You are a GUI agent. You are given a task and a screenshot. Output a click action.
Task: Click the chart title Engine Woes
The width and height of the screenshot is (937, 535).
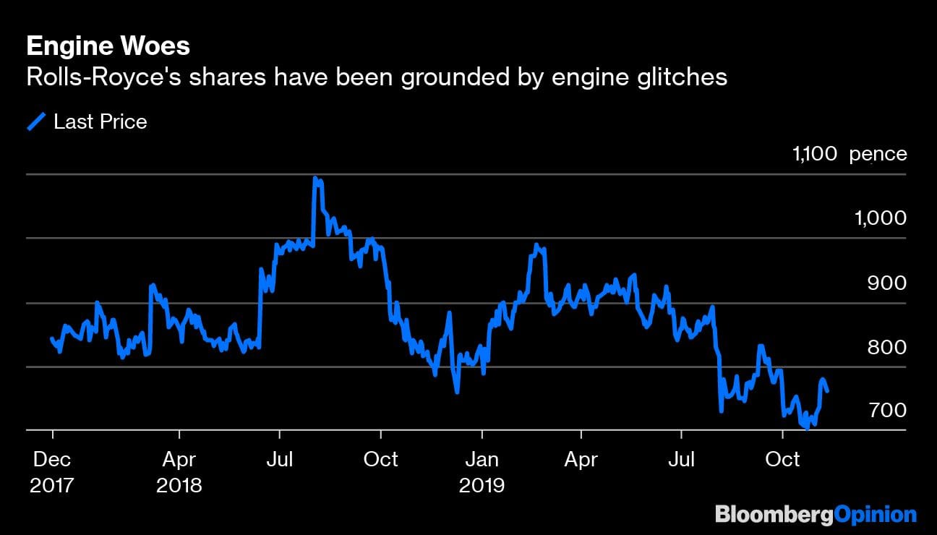click(x=108, y=47)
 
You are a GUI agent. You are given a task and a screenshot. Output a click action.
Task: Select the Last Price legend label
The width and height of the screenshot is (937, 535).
click(x=100, y=122)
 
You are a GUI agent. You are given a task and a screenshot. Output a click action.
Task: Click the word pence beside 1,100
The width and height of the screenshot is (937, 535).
click(x=878, y=154)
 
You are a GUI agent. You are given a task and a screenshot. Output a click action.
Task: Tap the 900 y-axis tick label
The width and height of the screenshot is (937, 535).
click(x=886, y=283)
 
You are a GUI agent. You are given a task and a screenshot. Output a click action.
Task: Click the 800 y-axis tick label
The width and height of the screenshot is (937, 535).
click(x=886, y=347)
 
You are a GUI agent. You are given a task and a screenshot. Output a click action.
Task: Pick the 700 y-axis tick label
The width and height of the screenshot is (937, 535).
click(x=886, y=410)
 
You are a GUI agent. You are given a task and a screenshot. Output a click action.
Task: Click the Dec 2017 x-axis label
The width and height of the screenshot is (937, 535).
click(x=52, y=471)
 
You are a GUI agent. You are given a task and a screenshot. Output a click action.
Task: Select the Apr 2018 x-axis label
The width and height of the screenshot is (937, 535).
click(x=179, y=471)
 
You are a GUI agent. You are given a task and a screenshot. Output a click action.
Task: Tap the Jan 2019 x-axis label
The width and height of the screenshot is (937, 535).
click(x=482, y=471)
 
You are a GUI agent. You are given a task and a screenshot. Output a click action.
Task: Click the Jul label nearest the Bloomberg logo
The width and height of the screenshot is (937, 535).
click(x=681, y=459)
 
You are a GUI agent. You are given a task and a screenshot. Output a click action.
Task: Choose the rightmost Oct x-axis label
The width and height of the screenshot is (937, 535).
click(x=782, y=459)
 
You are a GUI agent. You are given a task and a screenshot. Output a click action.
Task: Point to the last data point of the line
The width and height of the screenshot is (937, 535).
click(x=827, y=391)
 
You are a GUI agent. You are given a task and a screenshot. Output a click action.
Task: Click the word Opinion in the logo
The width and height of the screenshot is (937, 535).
click(x=876, y=515)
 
